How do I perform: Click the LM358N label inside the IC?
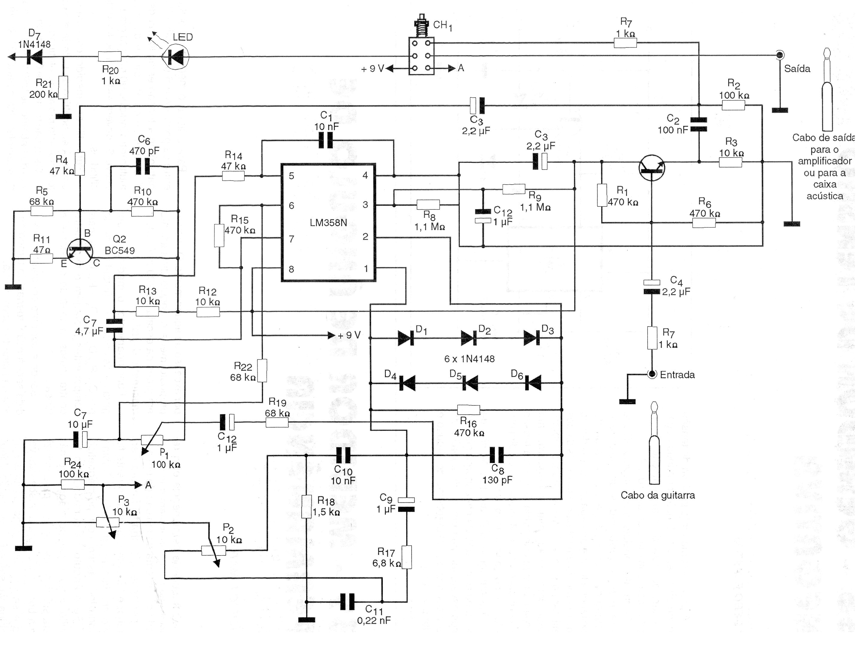[328, 223]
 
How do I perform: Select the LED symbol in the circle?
[175, 57]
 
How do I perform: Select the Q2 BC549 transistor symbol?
[80, 252]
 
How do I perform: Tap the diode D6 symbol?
[533, 383]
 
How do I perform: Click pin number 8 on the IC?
[291, 269]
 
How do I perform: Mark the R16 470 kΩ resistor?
[468, 410]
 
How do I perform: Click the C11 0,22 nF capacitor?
[347, 602]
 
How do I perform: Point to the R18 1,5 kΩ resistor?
[306, 507]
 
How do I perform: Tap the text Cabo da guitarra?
[658, 495]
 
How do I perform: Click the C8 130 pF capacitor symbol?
[497, 455]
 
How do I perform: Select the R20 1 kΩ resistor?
[110, 57]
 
